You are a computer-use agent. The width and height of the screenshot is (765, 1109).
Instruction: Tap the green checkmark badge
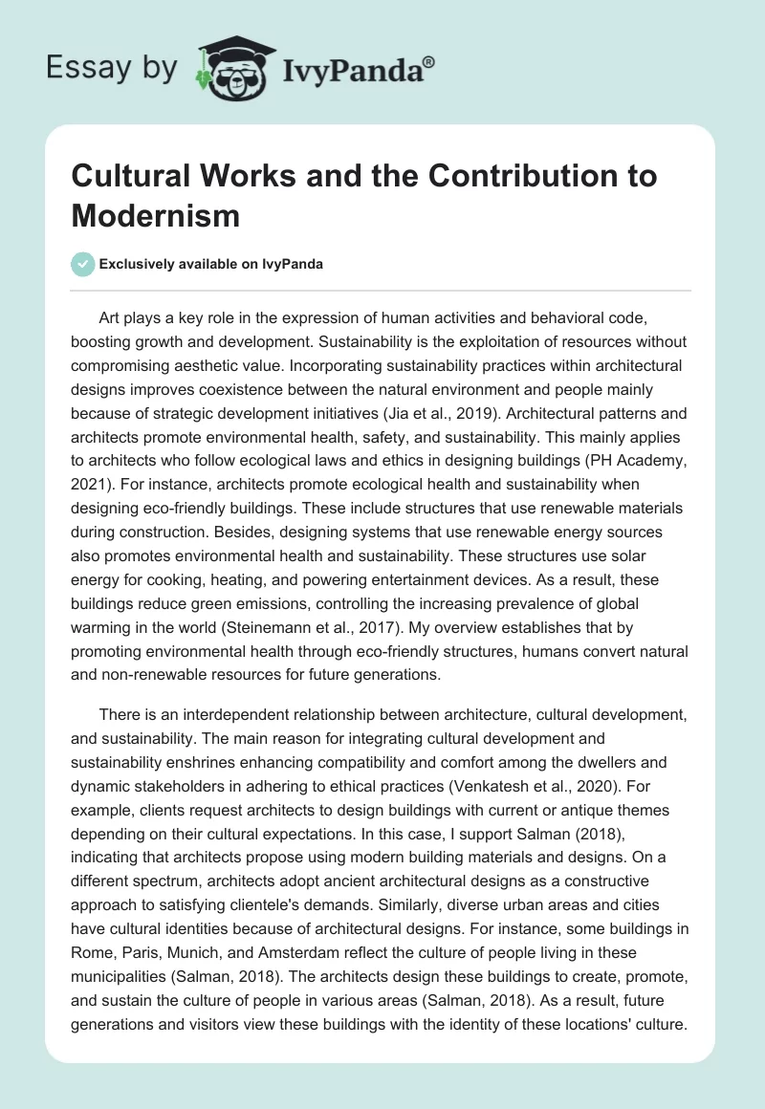point(82,264)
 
